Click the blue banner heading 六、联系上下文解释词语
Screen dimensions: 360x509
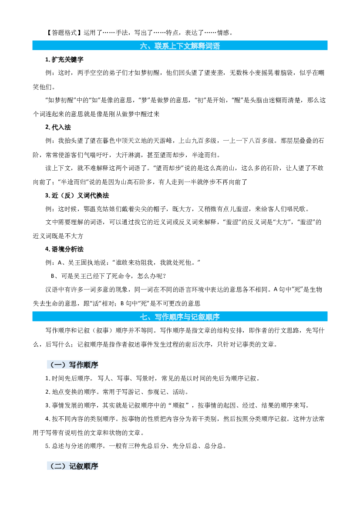point(180,46)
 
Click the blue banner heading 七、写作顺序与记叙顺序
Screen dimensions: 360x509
point(180,317)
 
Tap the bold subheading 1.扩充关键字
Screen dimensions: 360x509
point(64,59)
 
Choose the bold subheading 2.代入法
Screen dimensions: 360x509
point(58,127)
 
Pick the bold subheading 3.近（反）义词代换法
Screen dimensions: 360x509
point(77,196)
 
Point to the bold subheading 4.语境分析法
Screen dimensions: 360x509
point(64,249)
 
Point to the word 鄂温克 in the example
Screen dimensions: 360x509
point(93,209)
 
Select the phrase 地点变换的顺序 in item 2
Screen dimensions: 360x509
point(74,392)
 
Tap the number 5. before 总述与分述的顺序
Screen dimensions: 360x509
point(47,446)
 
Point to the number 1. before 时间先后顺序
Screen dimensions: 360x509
point(47,378)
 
